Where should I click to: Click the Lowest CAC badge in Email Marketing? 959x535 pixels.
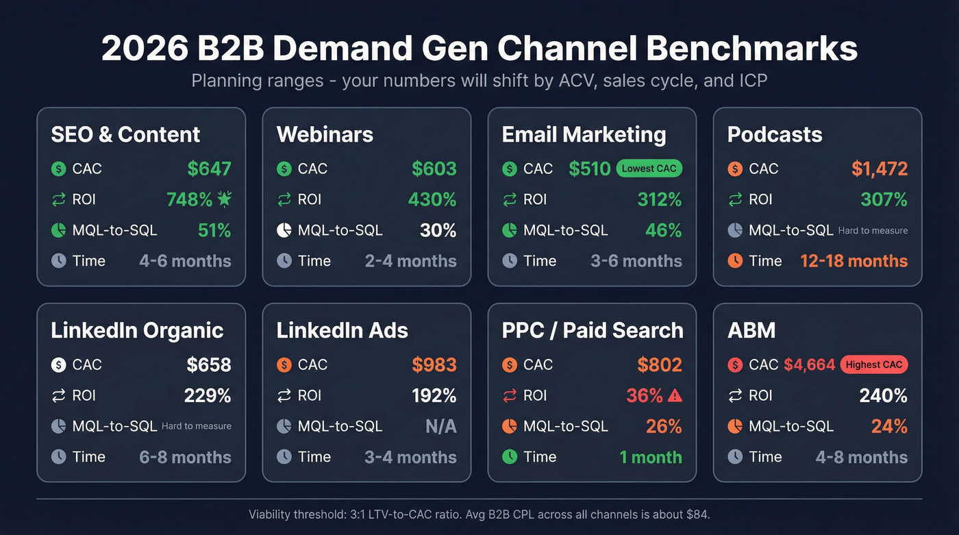point(649,169)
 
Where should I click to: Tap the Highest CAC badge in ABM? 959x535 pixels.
point(874,364)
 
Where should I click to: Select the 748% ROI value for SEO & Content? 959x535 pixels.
point(190,199)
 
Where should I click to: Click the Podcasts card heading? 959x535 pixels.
point(775,134)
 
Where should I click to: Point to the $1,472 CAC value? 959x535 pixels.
point(880,169)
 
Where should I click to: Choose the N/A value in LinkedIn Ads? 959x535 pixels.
point(440,426)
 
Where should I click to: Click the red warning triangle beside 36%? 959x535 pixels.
point(675,395)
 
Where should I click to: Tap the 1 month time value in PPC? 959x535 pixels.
point(651,457)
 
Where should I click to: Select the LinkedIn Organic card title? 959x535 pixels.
point(137,330)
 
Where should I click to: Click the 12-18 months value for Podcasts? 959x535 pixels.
point(854,261)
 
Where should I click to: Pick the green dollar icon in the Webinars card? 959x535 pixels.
point(284,169)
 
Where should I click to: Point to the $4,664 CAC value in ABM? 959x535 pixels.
point(809,364)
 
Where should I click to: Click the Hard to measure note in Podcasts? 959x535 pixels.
point(873,231)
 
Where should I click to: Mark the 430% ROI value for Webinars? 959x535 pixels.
point(432,199)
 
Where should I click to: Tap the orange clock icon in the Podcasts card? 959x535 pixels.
point(735,261)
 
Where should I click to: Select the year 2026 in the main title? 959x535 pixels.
point(142,49)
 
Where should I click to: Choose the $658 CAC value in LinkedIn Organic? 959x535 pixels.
point(209,364)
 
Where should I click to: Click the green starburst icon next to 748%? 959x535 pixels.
point(224,199)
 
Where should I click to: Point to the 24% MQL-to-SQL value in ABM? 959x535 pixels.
point(889,426)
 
